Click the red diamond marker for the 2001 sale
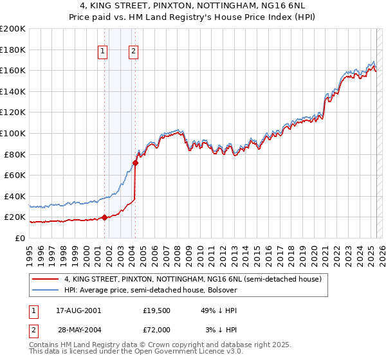104,218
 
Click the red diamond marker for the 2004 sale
136,163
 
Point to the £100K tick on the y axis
13,133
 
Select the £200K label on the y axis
13,29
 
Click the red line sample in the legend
46,279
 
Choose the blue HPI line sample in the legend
46,290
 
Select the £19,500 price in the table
156,310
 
